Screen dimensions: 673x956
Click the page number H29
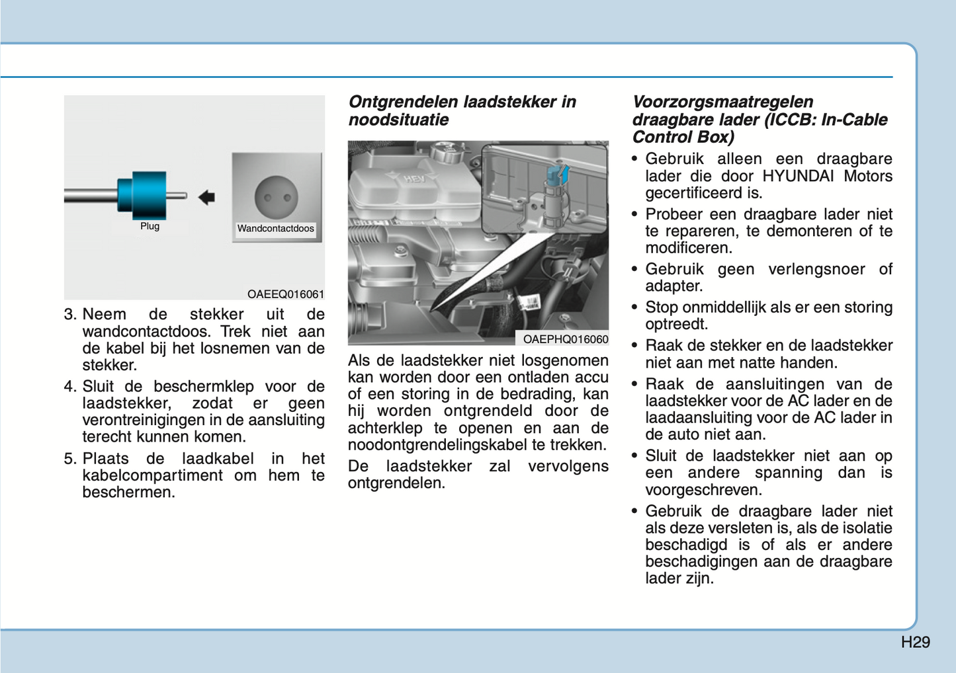tap(915, 642)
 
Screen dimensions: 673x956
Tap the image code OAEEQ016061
tap(286, 294)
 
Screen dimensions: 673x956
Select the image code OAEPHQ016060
tap(565, 339)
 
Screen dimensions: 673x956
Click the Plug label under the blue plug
tap(150, 226)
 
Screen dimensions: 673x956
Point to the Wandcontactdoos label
tap(276, 229)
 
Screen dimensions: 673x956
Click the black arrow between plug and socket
tap(206, 196)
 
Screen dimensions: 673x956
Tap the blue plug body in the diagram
tap(143, 195)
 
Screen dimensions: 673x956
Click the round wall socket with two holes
tap(276, 197)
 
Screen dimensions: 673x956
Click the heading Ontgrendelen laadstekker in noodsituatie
tap(462, 110)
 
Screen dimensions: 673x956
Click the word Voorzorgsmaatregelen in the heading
tap(722, 102)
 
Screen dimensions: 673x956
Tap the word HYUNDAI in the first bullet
tap(801, 176)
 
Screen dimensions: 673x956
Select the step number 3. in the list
tap(71, 315)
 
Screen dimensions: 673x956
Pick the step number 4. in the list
tap(71, 387)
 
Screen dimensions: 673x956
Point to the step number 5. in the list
tap(71, 459)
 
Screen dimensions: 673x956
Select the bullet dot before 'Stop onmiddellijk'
tap(634, 308)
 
